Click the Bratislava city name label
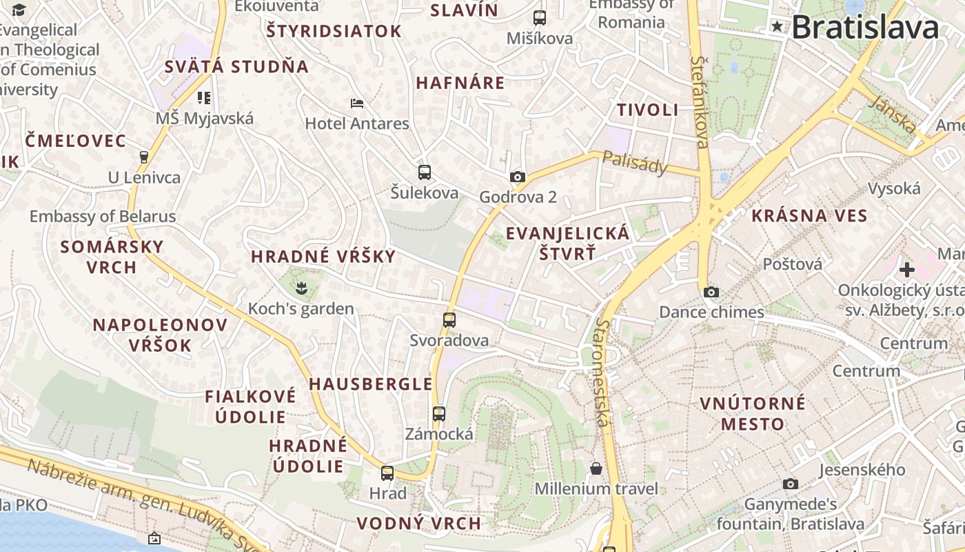pos(864,28)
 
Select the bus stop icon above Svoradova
pos(449,319)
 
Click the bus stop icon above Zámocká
pos(439,414)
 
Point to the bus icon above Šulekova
pos(425,172)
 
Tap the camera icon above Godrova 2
pos(518,177)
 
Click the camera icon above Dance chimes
pos(711,292)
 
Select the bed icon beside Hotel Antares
pos(357,103)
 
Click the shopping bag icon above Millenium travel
pos(596,469)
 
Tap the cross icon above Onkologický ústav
pos(906,269)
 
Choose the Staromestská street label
pos(603,373)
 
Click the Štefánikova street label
pos(701,102)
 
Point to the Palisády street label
pos(635,162)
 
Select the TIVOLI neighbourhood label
pos(647,110)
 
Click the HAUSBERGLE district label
pos(371,384)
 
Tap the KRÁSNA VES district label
pos(809,215)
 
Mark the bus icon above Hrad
pos(387,473)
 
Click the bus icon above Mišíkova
pos(540,18)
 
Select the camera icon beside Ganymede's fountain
pos(791,484)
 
